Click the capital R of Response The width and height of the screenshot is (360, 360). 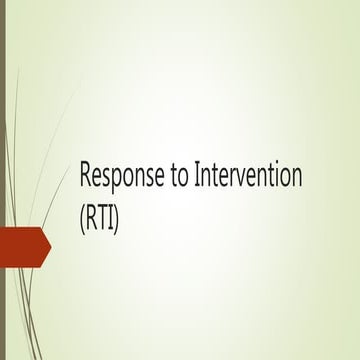tap(86, 177)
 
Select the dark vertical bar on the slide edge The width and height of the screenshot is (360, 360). tap(2, 180)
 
